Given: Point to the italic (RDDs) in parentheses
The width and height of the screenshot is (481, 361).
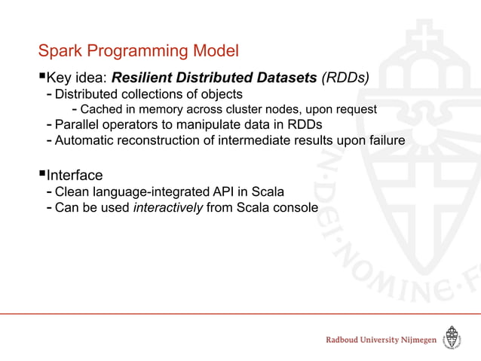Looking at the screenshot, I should point(345,78).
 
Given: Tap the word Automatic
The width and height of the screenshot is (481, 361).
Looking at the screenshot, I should point(87,139).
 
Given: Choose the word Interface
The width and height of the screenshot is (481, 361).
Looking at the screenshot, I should point(75,176).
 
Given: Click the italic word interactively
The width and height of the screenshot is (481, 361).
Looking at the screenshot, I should point(167,207).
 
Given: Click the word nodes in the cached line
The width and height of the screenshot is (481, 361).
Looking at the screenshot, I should point(268,109).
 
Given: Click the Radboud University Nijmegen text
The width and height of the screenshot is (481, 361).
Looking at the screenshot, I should point(381,340).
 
